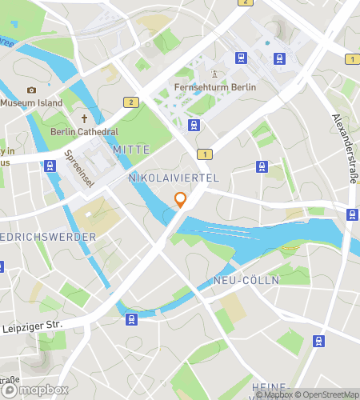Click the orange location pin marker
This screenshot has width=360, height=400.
point(181,200)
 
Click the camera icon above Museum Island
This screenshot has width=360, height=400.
point(31,90)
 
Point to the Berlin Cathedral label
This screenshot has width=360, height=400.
point(85,132)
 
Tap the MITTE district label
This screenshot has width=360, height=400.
point(131,150)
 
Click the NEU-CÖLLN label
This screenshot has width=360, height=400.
point(239,281)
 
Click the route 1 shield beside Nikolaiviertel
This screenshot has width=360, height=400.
point(206,154)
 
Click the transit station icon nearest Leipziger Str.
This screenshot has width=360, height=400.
point(131,319)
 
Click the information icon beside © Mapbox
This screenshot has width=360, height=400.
point(248,394)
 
